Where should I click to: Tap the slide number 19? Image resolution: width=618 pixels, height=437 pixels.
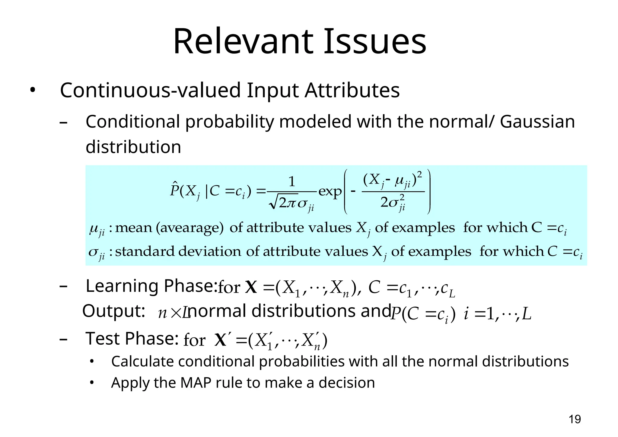coord(575,419)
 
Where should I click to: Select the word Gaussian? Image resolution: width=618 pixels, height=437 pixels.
coord(537,122)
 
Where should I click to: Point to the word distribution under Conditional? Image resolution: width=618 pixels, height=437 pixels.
coord(133,147)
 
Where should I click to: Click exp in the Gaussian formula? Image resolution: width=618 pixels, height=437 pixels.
coord(330,191)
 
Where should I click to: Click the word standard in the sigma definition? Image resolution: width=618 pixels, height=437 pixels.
coord(145,251)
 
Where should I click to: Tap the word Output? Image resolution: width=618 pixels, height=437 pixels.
coord(114,311)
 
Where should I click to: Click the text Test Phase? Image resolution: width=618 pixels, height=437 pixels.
coord(132,338)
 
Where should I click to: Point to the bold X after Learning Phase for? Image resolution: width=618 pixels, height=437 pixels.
coord(251,287)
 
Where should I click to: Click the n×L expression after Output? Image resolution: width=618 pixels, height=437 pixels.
coord(174,313)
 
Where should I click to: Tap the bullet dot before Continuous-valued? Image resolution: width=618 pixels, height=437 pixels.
coord(33,90)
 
